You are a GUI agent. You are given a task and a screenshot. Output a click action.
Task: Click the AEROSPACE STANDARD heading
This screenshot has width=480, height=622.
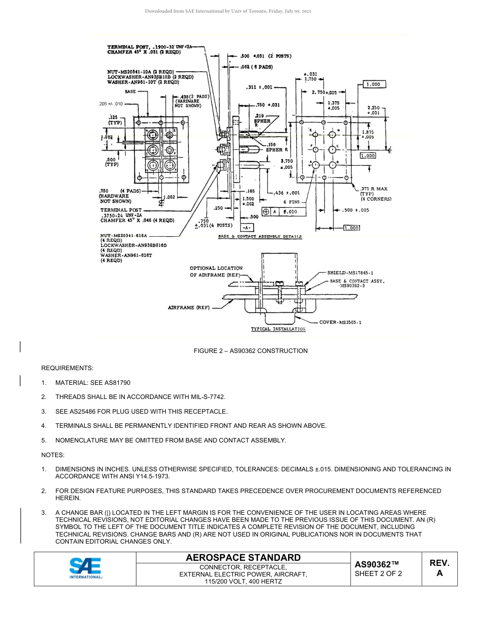(243, 557)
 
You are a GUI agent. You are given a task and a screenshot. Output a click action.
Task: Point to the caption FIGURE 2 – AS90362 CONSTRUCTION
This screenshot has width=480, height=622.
(251, 351)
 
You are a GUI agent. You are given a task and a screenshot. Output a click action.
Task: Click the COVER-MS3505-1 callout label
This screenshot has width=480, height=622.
(340, 322)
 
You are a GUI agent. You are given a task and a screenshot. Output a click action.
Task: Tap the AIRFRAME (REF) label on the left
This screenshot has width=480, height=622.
(188, 307)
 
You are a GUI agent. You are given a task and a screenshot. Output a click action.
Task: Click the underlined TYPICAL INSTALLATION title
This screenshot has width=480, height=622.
(278, 329)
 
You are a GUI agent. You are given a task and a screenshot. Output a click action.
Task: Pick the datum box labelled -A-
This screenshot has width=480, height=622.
(248, 228)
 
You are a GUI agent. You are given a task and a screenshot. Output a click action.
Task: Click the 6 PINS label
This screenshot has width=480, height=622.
(291, 202)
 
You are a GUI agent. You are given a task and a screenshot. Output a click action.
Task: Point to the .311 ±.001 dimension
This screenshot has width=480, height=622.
(260, 87)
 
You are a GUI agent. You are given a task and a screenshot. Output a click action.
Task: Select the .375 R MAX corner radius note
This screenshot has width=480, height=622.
(374, 189)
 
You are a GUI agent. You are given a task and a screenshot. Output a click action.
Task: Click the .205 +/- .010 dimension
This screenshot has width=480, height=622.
(111, 104)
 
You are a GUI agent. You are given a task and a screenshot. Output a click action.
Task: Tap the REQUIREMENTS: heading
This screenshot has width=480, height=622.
(67, 368)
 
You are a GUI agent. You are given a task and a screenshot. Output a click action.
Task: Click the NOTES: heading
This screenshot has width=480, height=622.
(53, 455)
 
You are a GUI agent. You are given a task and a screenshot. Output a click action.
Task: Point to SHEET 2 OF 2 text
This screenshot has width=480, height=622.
(378, 573)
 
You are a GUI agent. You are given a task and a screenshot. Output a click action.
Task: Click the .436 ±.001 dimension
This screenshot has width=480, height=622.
(286, 193)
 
